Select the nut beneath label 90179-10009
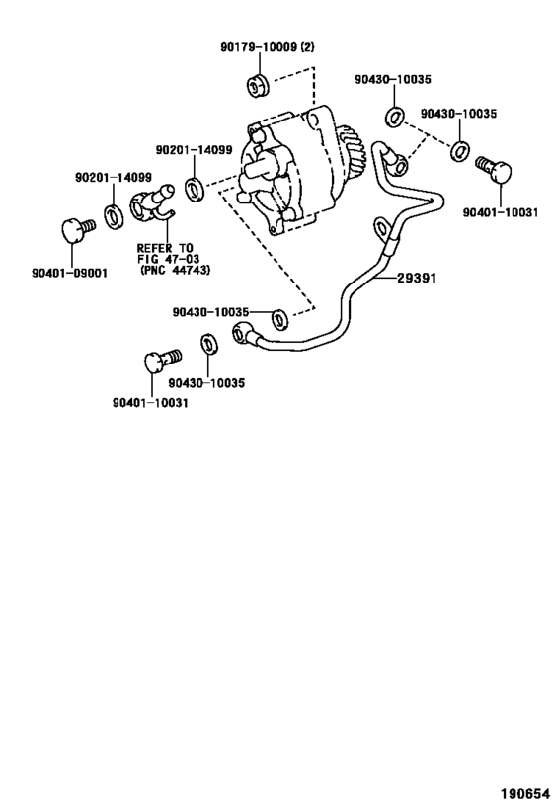click(x=259, y=85)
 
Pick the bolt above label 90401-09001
click(x=75, y=231)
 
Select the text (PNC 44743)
click(x=176, y=270)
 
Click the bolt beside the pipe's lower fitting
click(x=157, y=359)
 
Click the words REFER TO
click(x=165, y=247)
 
